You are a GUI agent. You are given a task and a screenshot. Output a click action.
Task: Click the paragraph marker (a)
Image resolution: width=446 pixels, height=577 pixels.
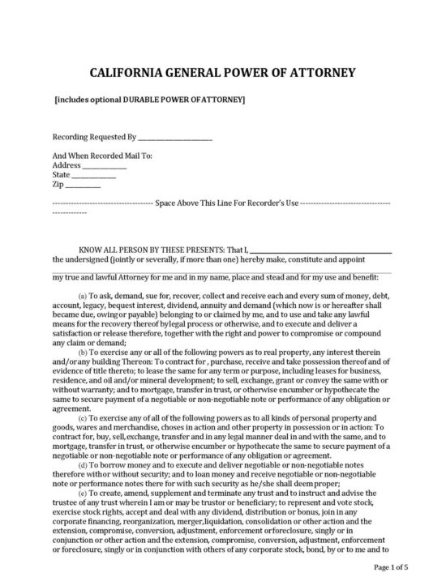tap(83, 297)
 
